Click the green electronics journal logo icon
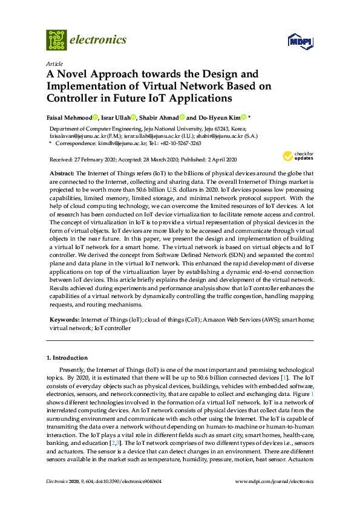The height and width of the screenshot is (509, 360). point(56,40)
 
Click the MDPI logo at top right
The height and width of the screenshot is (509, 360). point(301,42)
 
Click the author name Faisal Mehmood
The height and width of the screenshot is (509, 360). point(70,118)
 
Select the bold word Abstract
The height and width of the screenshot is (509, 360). point(62,173)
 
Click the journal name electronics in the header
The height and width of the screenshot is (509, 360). point(99,40)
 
